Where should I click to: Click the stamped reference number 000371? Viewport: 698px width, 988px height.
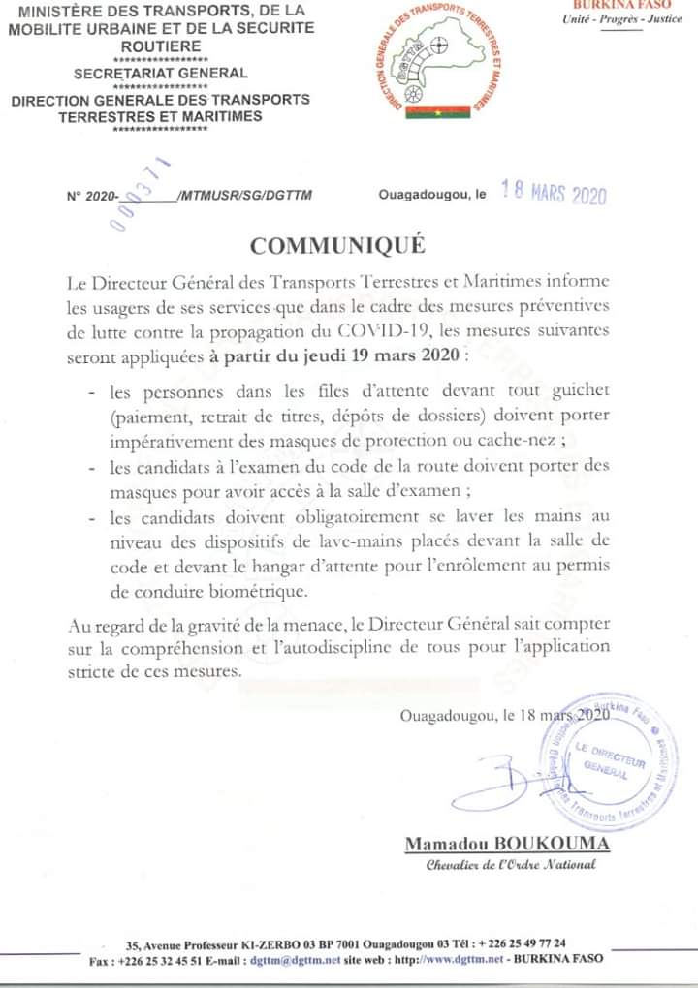[x=142, y=191]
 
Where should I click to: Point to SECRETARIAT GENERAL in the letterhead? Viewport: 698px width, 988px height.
[x=161, y=73]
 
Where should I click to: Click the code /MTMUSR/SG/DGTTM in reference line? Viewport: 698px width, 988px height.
[x=245, y=195]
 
